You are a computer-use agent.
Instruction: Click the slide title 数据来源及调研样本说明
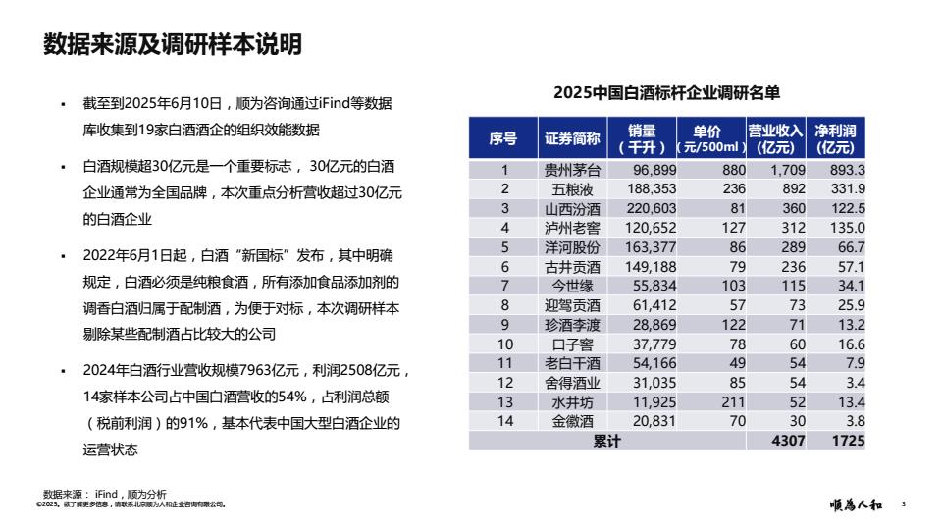click(x=173, y=45)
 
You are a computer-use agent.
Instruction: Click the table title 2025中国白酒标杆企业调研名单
click(x=666, y=93)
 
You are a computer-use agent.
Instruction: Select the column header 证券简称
click(x=572, y=139)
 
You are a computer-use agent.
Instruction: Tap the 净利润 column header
click(x=835, y=139)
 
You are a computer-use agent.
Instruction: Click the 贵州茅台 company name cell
click(x=572, y=170)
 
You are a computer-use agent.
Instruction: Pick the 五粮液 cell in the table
click(x=572, y=188)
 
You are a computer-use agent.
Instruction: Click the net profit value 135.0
click(x=847, y=228)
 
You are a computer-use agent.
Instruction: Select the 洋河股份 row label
click(x=572, y=246)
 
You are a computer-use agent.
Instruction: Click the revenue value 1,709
click(x=787, y=170)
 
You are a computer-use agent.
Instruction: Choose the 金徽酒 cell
click(x=572, y=421)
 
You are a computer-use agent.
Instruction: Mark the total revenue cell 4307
click(x=788, y=441)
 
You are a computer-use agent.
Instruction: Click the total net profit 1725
click(x=848, y=441)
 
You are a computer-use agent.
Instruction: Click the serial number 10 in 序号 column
click(x=505, y=344)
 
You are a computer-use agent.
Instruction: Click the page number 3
click(x=903, y=505)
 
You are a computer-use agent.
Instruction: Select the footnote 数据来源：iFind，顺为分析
click(x=105, y=494)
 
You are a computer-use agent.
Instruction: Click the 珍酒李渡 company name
click(x=572, y=325)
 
